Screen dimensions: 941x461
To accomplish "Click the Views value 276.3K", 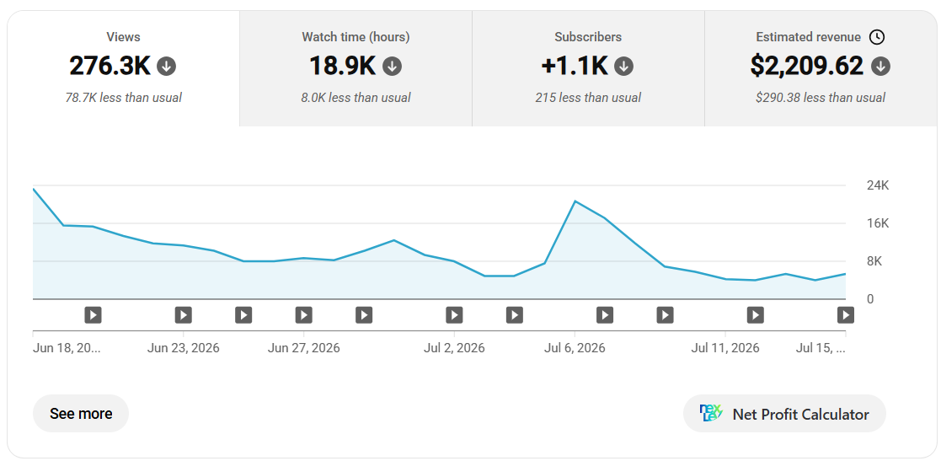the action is pos(110,66).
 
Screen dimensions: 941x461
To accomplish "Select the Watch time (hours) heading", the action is pos(356,37).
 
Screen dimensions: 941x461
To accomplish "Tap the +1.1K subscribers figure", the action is pos(575,66).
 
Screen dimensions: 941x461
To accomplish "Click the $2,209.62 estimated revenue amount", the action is pos(806,66).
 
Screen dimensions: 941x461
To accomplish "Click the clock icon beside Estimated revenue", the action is pos(877,37).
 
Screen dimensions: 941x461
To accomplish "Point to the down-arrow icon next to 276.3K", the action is pos(166,67).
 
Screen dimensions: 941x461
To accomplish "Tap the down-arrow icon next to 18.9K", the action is pos(392,67).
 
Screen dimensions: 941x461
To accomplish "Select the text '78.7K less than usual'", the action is pos(124,97).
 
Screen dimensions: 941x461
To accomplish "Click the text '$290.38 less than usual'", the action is pos(821,97).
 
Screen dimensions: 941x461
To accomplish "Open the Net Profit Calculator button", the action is pos(784,414).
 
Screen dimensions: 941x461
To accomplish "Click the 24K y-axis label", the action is pos(877,185).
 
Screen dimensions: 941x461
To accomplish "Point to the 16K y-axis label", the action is pos(877,223).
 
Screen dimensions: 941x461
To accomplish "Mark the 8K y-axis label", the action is pos(874,261).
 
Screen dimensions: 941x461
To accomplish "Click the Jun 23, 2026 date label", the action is pos(183,348).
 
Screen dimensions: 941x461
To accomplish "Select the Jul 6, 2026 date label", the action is pos(575,348).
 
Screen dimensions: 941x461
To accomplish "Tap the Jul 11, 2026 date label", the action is pos(725,348).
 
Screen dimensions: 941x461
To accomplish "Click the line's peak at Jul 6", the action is pos(575,201).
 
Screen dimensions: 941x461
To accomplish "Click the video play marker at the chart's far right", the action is pos(846,314).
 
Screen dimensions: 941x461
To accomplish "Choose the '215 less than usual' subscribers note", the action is pos(588,97).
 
